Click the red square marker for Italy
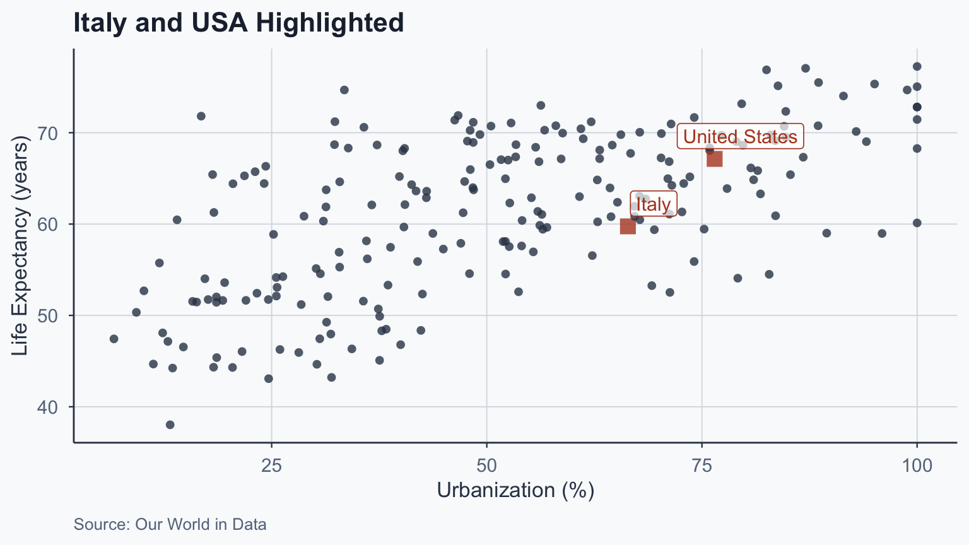tap(628, 226)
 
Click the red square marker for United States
tap(714, 159)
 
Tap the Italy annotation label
tap(654, 204)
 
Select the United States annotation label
tap(740, 136)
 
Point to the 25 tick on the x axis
tap(271, 466)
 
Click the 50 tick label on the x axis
tap(486, 466)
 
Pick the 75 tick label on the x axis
tap(702, 466)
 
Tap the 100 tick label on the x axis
tap(917, 466)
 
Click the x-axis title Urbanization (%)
tap(515, 491)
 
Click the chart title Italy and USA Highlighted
tap(238, 23)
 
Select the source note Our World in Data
tap(170, 524)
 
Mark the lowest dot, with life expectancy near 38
tap(170, 425)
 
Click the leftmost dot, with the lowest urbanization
tap(114, 339)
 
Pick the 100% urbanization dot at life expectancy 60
tap(917, 223)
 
